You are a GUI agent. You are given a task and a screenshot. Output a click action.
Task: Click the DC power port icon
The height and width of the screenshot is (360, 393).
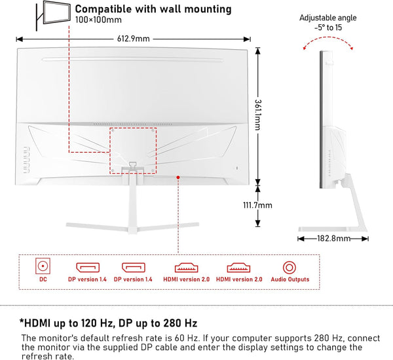pos(43,267)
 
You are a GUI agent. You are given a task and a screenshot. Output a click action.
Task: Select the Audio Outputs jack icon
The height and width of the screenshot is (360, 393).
pos(288,267)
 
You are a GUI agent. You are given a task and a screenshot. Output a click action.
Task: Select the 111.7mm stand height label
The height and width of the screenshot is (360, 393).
pos(257,205)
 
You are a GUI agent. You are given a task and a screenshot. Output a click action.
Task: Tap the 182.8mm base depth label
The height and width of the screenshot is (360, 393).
pos(334,239)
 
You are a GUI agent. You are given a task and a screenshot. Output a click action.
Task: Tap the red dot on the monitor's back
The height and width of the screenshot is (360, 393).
pos(178,176)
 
